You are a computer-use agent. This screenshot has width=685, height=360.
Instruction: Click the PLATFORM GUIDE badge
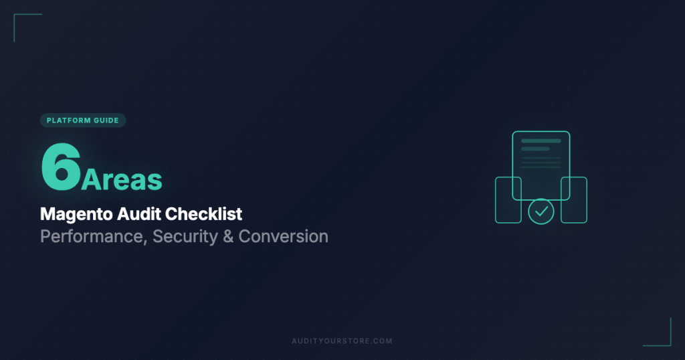(x=83, y=120)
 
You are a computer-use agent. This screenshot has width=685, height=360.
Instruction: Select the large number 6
(x=60, y=167)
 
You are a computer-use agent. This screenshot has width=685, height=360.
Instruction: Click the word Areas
(x=122, y=179)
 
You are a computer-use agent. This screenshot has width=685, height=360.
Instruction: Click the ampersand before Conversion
(x=227, y=236)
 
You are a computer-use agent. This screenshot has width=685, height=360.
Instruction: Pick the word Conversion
(x=284, y=236)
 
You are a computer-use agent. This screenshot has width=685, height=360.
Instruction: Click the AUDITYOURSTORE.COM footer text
(x=342, y=341)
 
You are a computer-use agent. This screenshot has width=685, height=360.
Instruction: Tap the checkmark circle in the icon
(x=541, y=211)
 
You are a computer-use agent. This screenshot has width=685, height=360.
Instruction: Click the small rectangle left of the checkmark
(x=508, y=200)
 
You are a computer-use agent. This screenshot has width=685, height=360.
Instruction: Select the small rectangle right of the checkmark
(x=574, y=200)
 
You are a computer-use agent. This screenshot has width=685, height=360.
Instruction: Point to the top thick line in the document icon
(x=541, y=141)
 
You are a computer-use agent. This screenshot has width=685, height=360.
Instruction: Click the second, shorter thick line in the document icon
(x=535, y=149)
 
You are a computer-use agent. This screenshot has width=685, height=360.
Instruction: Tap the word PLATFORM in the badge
(x=69, y=120)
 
